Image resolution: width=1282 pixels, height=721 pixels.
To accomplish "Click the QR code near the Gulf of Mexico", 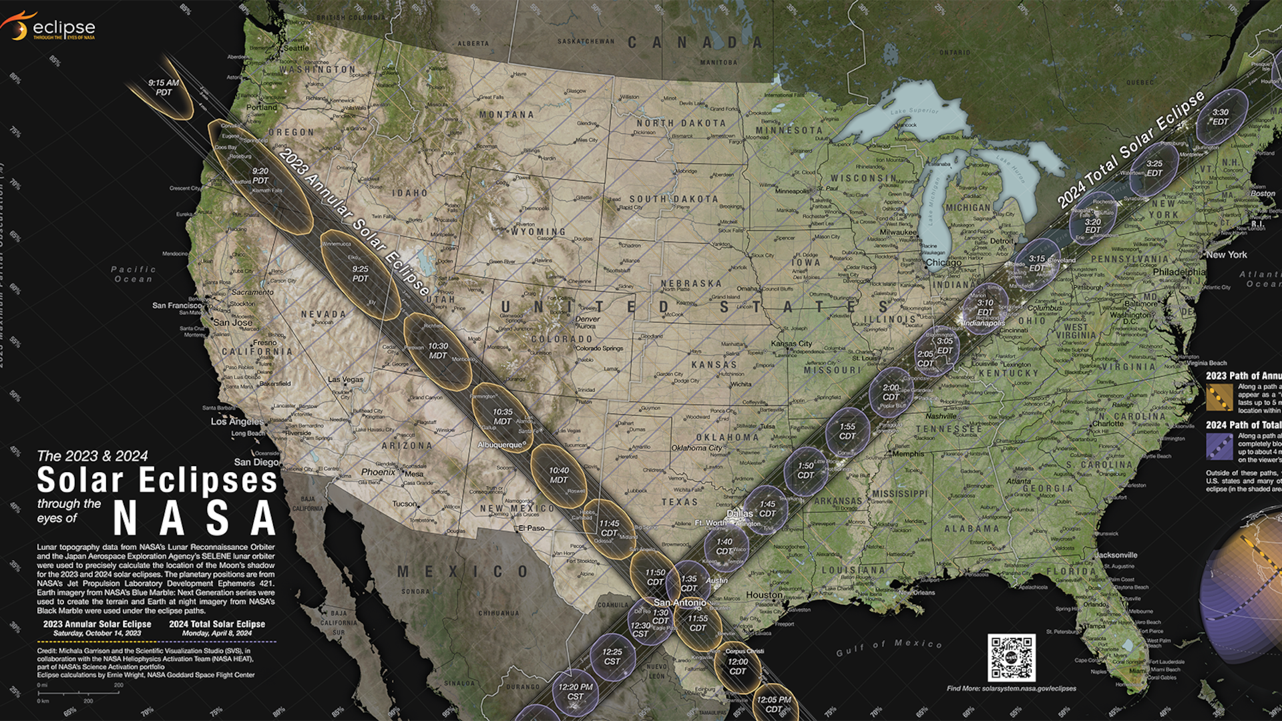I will click(1011, 658).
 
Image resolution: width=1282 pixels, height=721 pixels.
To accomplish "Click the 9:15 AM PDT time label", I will click(164, 87).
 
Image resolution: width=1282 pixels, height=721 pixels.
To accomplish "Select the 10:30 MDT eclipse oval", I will click(438, 351).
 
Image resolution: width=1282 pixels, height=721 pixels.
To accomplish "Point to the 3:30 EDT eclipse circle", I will click(1221, 117).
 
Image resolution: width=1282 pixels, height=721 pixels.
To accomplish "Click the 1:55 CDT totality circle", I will click(847, 431).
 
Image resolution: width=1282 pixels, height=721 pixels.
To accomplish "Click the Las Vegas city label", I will click(346, 379).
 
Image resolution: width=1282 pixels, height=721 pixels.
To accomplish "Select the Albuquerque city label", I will click(500, 445).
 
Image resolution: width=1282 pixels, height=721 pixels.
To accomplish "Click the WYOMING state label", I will click(538, 232).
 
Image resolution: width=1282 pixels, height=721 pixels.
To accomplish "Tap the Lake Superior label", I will click(914, 111).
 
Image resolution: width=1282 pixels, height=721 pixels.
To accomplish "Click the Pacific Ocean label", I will click(134, 274).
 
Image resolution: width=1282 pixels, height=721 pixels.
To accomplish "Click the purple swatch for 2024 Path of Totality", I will click(1219, 447).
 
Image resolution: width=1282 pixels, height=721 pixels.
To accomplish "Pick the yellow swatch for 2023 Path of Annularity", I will click(1219, 397).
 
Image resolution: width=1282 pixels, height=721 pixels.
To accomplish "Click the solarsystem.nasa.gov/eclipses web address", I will click(1011, 688).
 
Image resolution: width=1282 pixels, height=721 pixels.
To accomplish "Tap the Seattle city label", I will click(296, 48).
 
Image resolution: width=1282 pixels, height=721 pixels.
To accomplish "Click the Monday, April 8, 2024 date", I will click(217, 633).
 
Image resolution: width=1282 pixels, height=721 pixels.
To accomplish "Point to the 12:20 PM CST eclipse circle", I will click(576, 692).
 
